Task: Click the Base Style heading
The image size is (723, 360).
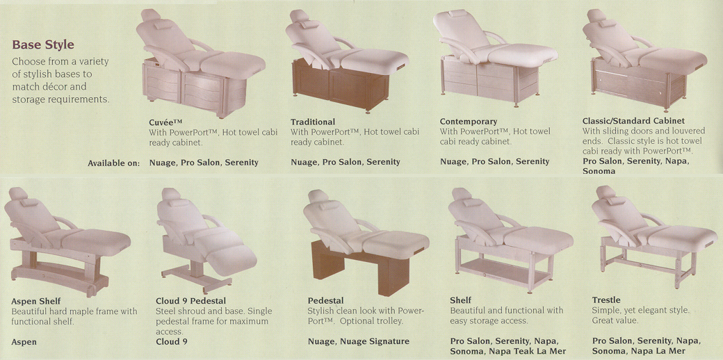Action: [x=43, y=44]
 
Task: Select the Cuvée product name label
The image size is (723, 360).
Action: [x=166, y=122]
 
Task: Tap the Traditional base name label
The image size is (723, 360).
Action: [x=313, y=122]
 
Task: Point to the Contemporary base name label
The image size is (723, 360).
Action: [x=469, y=122]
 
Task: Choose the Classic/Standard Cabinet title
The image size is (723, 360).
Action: [x=633, y=121]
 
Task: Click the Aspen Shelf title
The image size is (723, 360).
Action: [x=36, y=302]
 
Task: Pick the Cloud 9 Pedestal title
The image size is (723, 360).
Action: [x=191, y=302]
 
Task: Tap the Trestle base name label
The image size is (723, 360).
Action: [x=606, y=300]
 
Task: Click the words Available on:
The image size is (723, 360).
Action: [x=114, y=163]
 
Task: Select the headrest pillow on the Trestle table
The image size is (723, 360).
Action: [x=616, y=201]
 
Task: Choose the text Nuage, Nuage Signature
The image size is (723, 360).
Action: [x=358, y=341]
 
